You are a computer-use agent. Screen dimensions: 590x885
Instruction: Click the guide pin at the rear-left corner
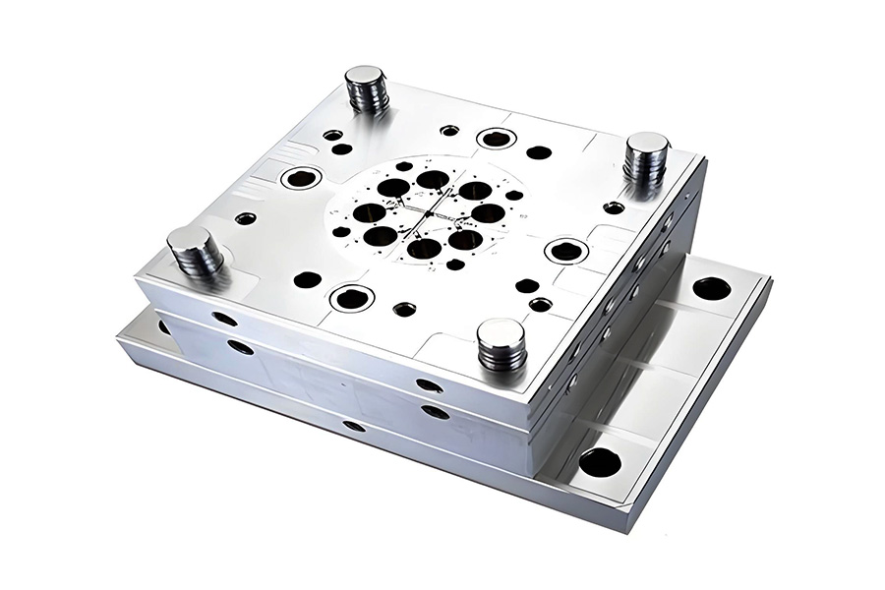366,88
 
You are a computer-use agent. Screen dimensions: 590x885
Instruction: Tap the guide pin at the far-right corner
646,155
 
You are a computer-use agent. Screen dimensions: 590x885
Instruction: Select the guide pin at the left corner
194,250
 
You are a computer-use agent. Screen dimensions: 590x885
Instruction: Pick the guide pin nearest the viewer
501,344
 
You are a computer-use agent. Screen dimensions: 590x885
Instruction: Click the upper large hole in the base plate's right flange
711,289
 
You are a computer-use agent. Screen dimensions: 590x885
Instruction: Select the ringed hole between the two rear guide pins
497,139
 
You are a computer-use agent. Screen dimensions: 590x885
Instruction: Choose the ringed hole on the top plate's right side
566,251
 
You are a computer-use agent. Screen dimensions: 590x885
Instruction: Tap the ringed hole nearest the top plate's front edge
351,298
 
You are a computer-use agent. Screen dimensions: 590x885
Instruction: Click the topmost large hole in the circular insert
433,179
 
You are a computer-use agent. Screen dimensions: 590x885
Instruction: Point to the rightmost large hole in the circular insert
488,212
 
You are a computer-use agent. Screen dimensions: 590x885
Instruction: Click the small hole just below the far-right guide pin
614,207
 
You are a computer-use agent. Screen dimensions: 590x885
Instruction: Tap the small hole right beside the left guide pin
246,218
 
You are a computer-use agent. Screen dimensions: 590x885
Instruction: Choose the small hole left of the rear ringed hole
449,130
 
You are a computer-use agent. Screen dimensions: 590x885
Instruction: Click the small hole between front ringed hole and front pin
404,309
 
